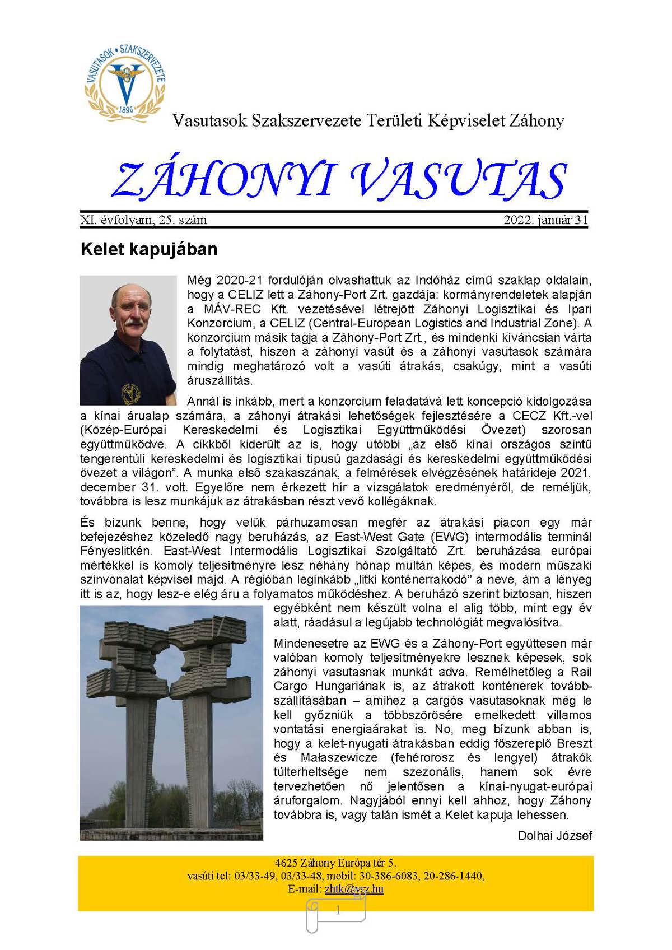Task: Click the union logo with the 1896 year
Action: point(125,82)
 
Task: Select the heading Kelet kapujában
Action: point(148,249)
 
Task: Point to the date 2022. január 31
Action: point(546,220)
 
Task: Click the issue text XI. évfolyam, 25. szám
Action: point(144,220)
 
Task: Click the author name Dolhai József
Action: point(554,835)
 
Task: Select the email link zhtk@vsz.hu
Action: point(354,889)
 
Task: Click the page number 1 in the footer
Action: point(338,911)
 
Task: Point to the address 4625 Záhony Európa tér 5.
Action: point(335,863)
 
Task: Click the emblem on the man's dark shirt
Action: point(130,392)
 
